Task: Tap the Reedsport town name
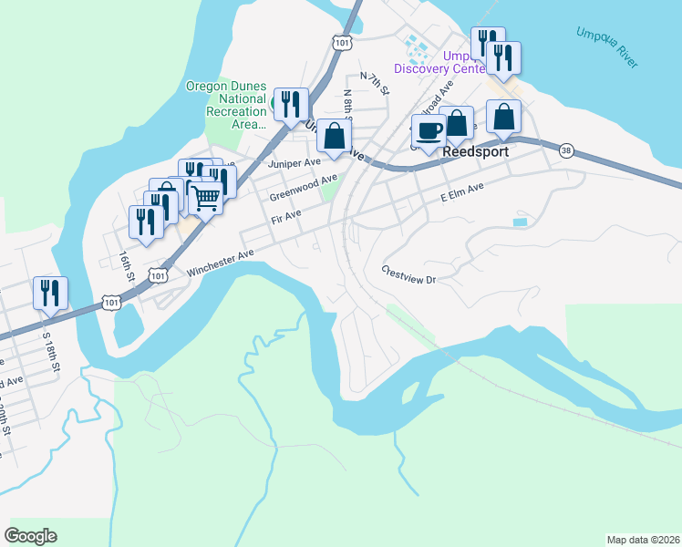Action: (473, 153)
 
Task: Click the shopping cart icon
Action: (206, 196)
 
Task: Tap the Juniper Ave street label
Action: (294, 162)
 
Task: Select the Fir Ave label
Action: (286, 219)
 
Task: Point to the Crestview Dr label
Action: (409, 274)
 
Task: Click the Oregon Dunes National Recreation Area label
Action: (225, 104)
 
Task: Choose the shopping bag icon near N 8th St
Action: (336, 136)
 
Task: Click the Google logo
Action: (30, 536)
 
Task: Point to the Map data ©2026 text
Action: (643, 539)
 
